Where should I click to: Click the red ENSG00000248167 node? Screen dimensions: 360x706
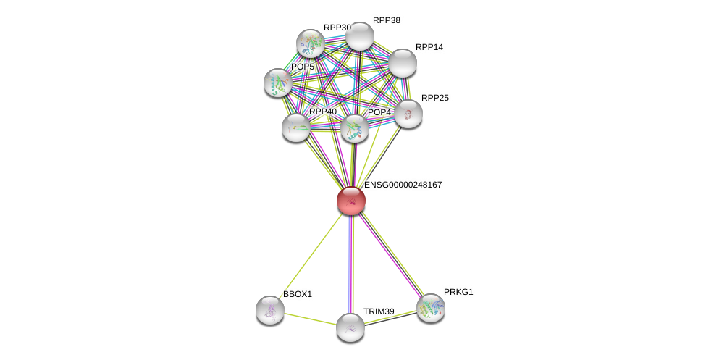[x=351, y=201]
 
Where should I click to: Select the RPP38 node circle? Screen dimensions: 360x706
[x=359, y=36]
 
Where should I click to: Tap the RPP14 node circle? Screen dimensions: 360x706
[x=403, y=63]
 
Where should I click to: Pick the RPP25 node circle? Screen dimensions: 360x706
[x=408, y=114]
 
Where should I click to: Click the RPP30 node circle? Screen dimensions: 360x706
[x=311, y=43]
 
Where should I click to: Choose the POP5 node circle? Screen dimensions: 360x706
[x=278, y=83]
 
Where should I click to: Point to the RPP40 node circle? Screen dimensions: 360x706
[x=296, y=127]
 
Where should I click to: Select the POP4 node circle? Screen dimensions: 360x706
[x=355, y=128]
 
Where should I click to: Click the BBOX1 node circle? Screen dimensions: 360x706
[x=270, y=310]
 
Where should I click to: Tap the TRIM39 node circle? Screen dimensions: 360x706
[x=350, y=327]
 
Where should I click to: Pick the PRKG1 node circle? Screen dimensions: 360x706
[x=431, y=308]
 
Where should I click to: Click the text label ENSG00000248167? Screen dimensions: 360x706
[x=403, y=185]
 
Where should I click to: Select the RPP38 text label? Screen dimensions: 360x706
[x=386, y=20]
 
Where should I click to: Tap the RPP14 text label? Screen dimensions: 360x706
[x=429, y=47]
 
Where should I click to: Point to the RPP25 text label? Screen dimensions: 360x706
[x=434, y=98]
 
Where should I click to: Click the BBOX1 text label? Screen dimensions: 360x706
[x=297, y=294]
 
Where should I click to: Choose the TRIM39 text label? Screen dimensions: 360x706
[x=379, y=311]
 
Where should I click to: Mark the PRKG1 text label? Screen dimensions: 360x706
[x=458, y=292]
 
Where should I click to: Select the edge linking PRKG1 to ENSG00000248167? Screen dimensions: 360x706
[x=391, y=254]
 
